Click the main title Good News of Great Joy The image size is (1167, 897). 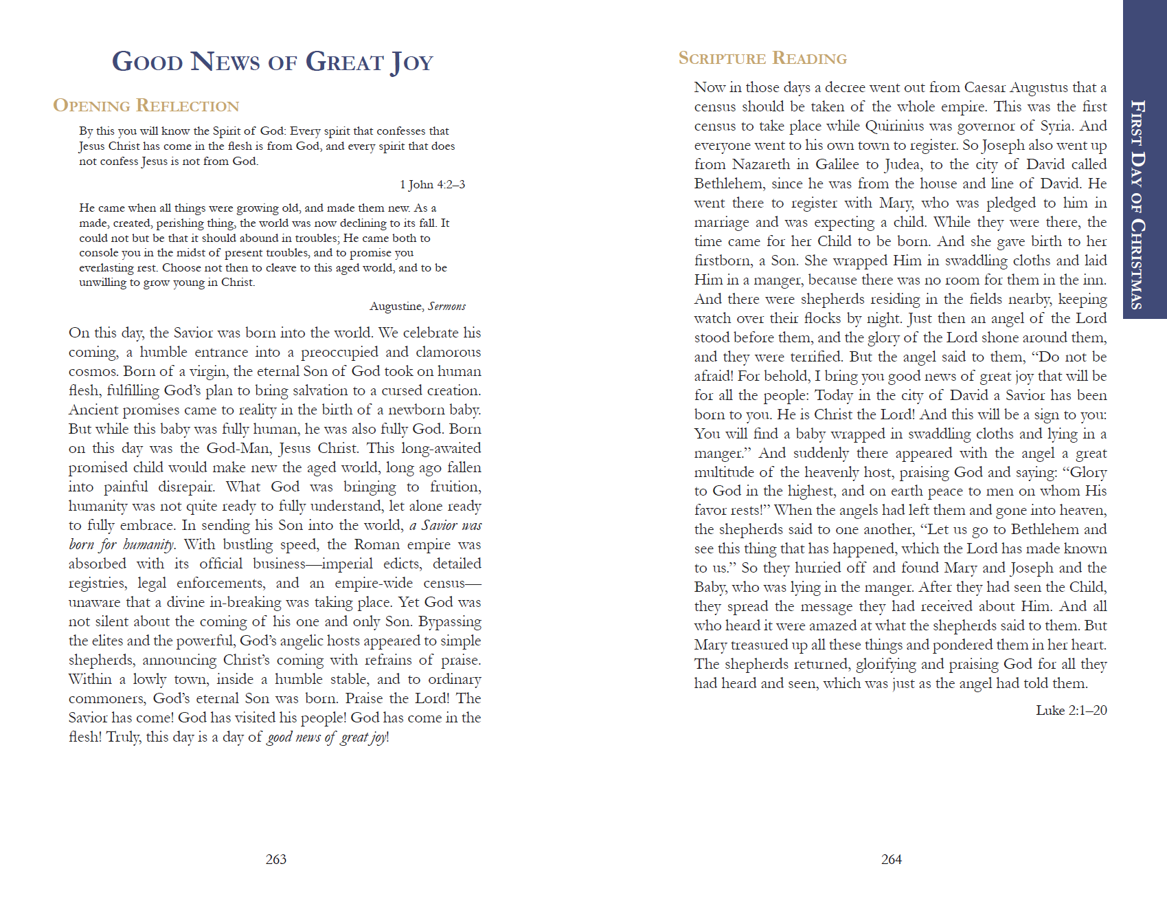[x=273, y=62]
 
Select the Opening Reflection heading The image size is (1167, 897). [x=146, y=106]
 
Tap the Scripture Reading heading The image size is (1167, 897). [x=762, y=58]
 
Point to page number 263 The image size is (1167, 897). [x=276, y=859]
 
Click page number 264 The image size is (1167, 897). [x=892, y=859]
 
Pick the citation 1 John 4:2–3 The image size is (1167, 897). [x=432, y=184]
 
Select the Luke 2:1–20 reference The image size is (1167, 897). [x=1071, y=710]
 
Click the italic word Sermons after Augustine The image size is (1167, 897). [x=446, y=307]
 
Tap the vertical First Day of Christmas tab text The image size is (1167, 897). [x=1137, y=204]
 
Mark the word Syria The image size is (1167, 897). [x=1056, y=126]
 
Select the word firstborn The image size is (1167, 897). [x=723, y=261]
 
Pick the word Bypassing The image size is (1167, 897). [x=450, y=621]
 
